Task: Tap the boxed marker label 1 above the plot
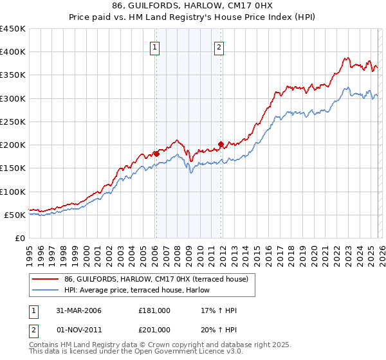coord(156,46)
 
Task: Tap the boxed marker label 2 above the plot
coord(219,46)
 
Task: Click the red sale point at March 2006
coord(156,154)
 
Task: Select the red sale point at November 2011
coord(221,144)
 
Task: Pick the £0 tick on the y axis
coord(19,238)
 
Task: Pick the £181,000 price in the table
coord(154,310)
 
